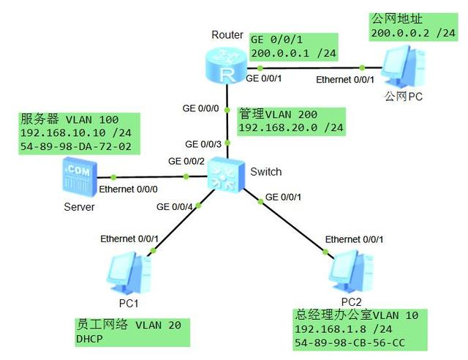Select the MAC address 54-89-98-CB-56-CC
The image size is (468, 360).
[x=350, y=342]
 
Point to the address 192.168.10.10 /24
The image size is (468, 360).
[x=68, y=133]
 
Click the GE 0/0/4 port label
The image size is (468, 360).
[x=175, y=207]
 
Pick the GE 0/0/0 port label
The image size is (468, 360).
[x=200, y=108]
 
